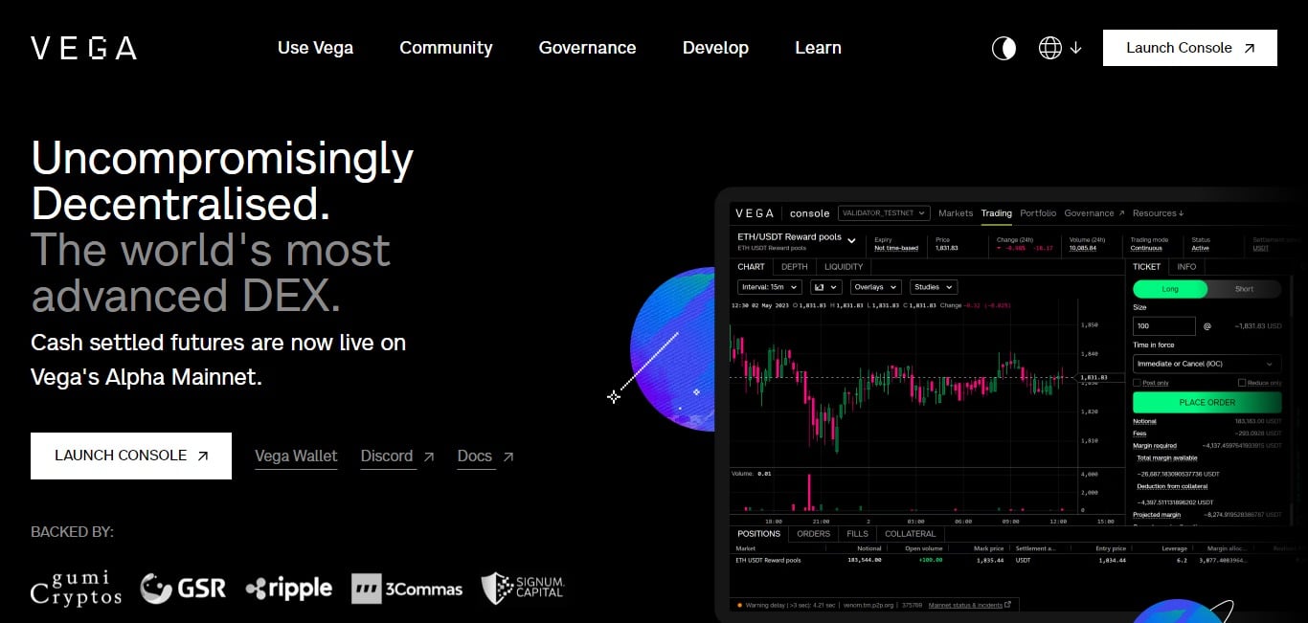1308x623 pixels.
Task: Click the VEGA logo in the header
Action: coord(83,48)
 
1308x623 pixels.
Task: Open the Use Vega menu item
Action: coord(315,48)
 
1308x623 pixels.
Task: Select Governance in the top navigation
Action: coord(587,48)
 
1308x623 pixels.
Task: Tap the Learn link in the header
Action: coord(818,48)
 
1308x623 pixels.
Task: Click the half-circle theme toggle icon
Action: coord(1004,48)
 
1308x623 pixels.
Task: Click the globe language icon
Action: coord(1050,48)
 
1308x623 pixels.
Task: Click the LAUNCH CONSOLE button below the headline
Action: coord(131,456)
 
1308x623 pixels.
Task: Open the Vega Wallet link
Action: coord(296,456)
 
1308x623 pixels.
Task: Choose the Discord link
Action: coord(387,456)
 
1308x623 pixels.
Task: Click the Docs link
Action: coord(475,456)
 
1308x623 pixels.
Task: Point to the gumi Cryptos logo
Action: coord(77,588)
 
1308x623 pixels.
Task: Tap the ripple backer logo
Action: coord(288,589)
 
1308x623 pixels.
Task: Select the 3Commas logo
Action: coord(407,589)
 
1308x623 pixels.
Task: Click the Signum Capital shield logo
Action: coord(523,588)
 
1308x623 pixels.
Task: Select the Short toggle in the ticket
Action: coord(1244,289)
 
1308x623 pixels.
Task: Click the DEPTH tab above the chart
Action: coord(794,267)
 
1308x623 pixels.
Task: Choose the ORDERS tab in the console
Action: coord(813,534)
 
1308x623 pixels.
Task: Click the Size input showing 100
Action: coord(1163,326)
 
